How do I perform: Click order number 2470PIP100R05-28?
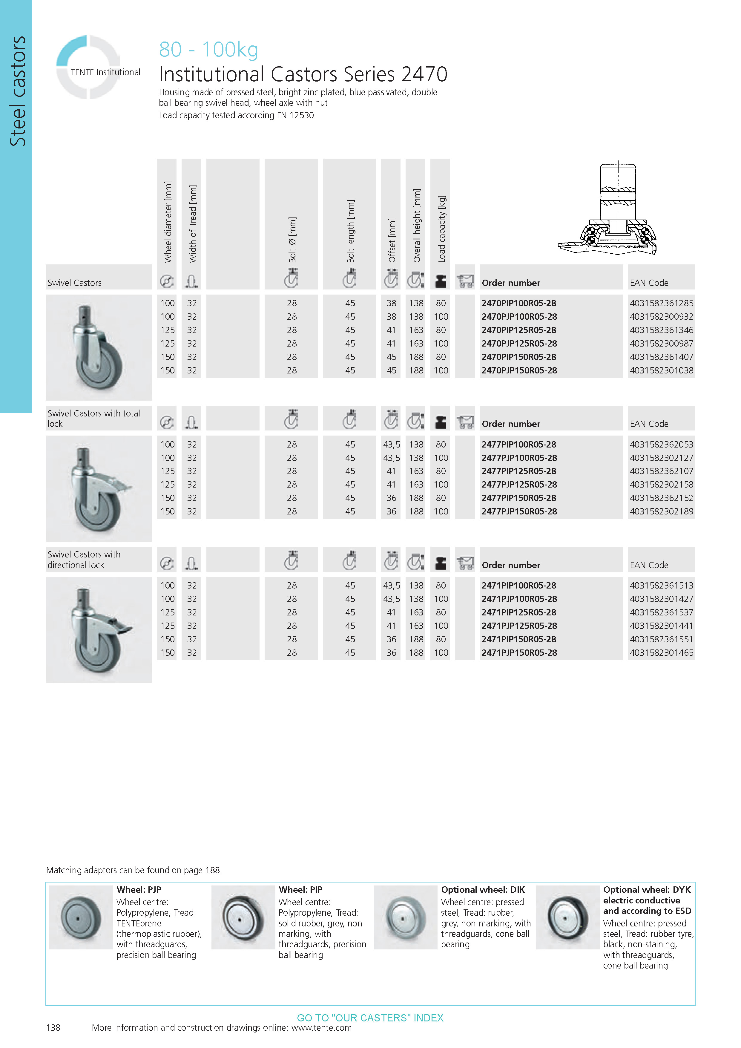click(x=519, y=303)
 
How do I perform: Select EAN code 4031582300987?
click(x=661, y=343)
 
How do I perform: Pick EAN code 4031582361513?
click(x=661, y=585)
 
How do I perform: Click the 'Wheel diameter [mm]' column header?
click(x=168, y=222)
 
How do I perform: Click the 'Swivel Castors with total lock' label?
click(x=93, y=418)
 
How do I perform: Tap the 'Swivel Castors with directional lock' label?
click(x=84, y=560)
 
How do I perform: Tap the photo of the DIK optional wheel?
click(x=405, y=917)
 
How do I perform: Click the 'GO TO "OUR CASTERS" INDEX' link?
click(x=370, y=1018)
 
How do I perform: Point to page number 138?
click(x=53, y=1027)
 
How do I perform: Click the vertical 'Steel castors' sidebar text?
click(x=17, y=91)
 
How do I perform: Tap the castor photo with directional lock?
click(x=99, y=629)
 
